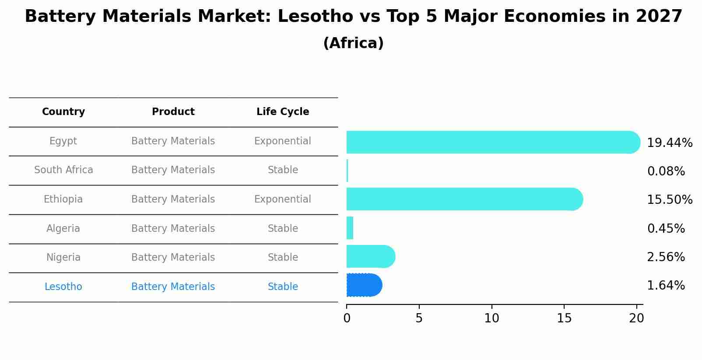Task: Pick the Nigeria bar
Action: coord(370,256)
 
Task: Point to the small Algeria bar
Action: coord(350,228)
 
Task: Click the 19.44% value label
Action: coord(669,143)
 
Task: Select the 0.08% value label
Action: coord(666,171)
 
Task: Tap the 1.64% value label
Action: coord(666,286)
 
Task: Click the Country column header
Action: coord(63,112)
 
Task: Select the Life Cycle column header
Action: coord(283,112)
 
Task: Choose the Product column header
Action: coord(173,112)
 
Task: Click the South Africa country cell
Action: coord(63,170)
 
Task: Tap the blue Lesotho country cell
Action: coord(63,287)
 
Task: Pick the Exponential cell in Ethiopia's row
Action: coord(283,199)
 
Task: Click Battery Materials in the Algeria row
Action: coord(173,229)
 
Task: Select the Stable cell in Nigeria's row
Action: coord(283,258)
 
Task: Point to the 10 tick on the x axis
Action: coord(491,318)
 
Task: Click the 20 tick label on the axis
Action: coord(636,318)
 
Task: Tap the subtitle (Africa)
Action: coord(353,43)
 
